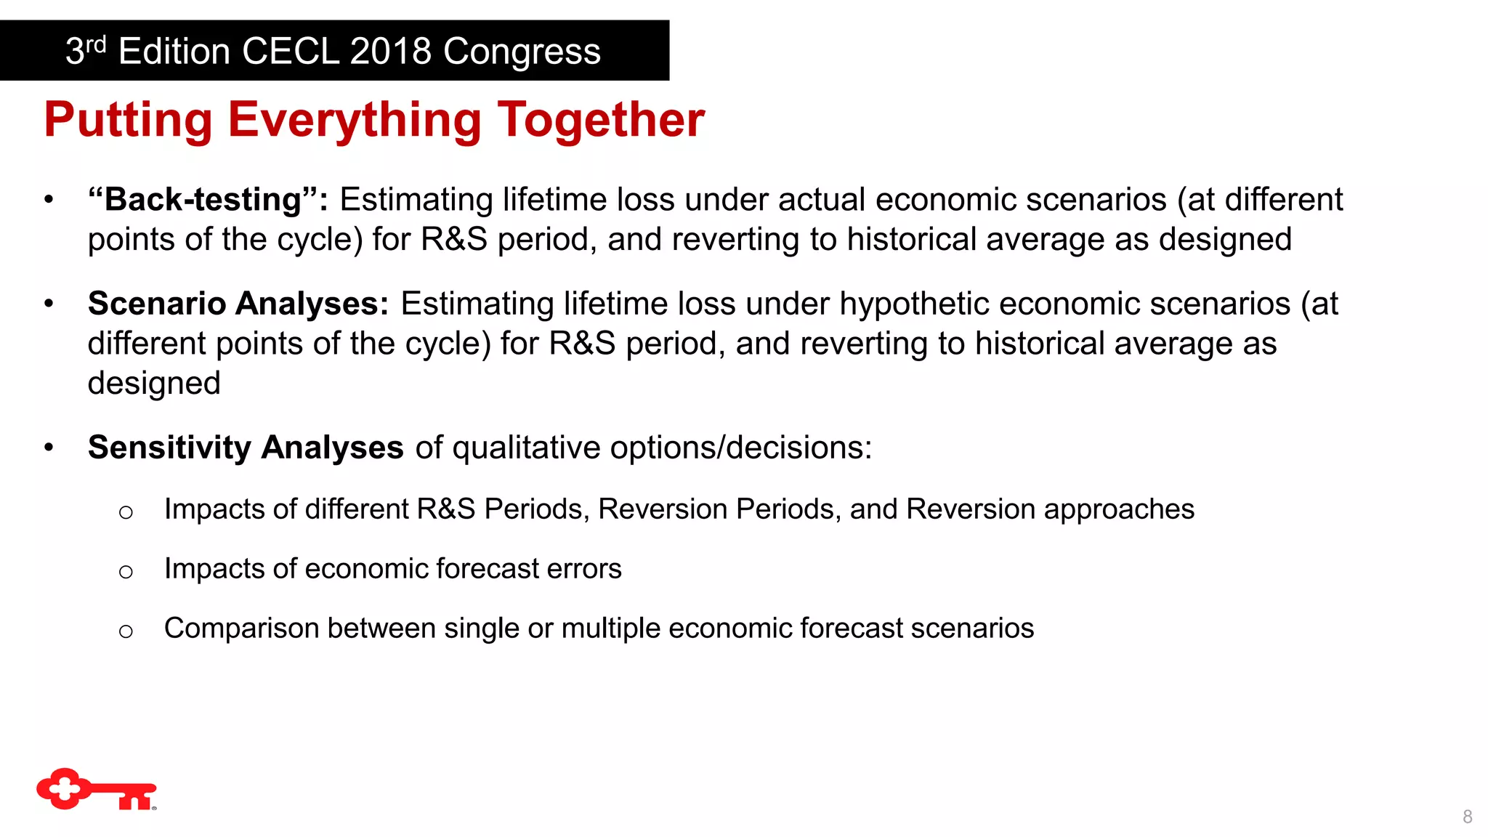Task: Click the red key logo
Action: (x=96, y=790)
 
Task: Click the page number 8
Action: (x=1467, y=817)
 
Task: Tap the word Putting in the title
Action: (x=128, y=120)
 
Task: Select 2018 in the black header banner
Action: (x=390, y=52)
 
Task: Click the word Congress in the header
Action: (x=522, y=52)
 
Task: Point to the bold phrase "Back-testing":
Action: (x=208, y=200)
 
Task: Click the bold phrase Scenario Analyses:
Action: (x=238, y=304)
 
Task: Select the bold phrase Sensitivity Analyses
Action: (x=246, y=448)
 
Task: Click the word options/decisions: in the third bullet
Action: (x=741, y=448)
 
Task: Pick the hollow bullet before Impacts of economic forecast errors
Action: (x=126, y=572)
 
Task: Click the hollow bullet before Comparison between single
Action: (x=126, y=631)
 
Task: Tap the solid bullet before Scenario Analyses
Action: (x=49, y=304)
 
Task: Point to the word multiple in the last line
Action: (x=610, y=628)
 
